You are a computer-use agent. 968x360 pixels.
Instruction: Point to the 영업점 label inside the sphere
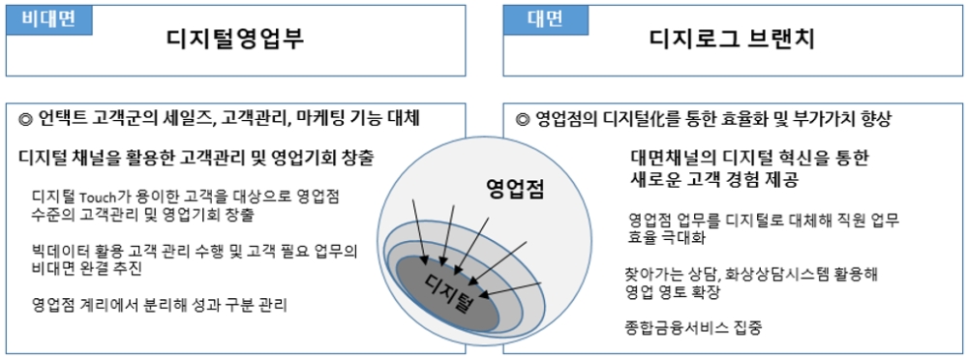pos(514,190)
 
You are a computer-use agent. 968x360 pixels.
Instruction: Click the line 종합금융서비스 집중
pos(693,327)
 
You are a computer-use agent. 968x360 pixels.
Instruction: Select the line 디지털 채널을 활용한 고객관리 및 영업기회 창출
pos(197,158)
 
